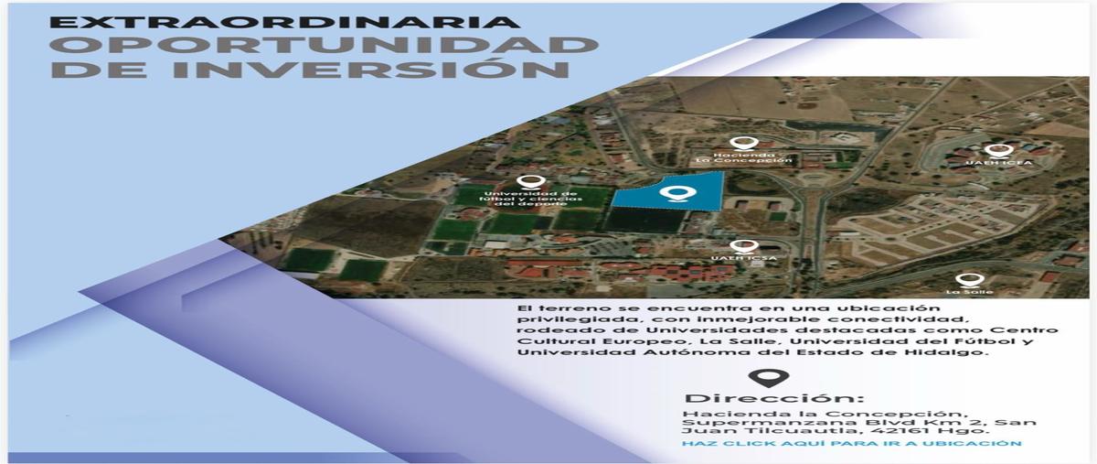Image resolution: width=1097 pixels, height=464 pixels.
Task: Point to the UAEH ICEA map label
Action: [x=1006, y=165]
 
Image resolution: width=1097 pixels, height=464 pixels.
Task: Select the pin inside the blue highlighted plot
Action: [x=675, y=193]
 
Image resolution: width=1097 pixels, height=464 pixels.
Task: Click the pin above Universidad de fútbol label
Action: [x=525, y=183]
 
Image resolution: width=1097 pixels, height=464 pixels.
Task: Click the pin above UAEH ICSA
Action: [x=743, y=247]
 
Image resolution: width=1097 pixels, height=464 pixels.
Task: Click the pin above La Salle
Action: [x=965, y=279]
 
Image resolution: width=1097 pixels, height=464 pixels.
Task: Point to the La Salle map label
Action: [x=969, y=292]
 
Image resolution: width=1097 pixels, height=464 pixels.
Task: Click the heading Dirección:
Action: [x=773, y=398]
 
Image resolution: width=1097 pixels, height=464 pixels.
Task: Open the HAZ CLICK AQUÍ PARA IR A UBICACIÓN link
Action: [x=851, y=443]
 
